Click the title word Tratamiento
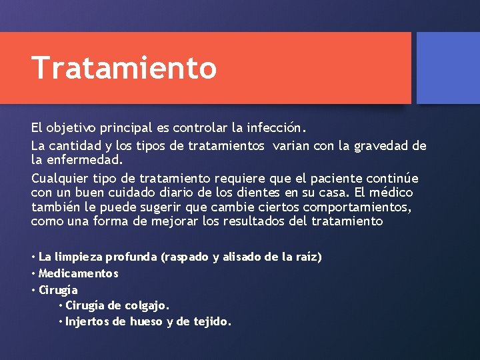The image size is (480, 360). coord(124,68)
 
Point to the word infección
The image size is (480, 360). coord(275,127)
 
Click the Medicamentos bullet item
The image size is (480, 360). coord(79,273)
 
